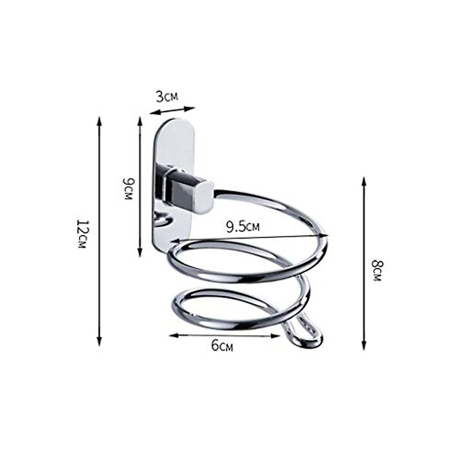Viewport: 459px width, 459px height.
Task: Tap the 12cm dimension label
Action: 83,233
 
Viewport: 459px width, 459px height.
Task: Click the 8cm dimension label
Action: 376,270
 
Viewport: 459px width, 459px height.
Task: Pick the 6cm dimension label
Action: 222,346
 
